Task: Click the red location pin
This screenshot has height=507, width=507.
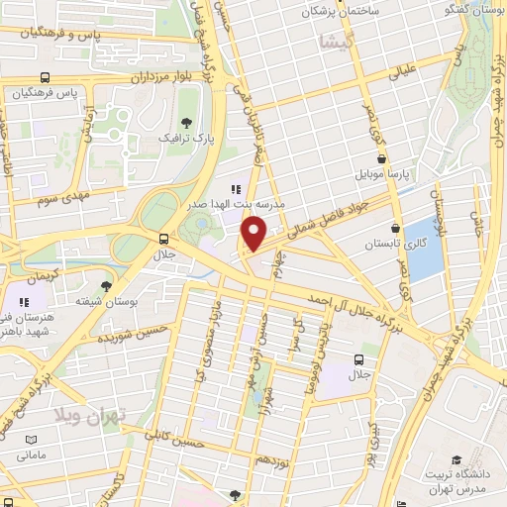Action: click(x=254, y=233)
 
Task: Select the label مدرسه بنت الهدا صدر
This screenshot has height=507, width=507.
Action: click(x=236, y=203)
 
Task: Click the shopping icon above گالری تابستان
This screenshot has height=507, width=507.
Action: click(x=395, y=227)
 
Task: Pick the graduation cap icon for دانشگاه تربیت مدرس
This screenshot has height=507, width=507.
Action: click(x=456, y=459)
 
